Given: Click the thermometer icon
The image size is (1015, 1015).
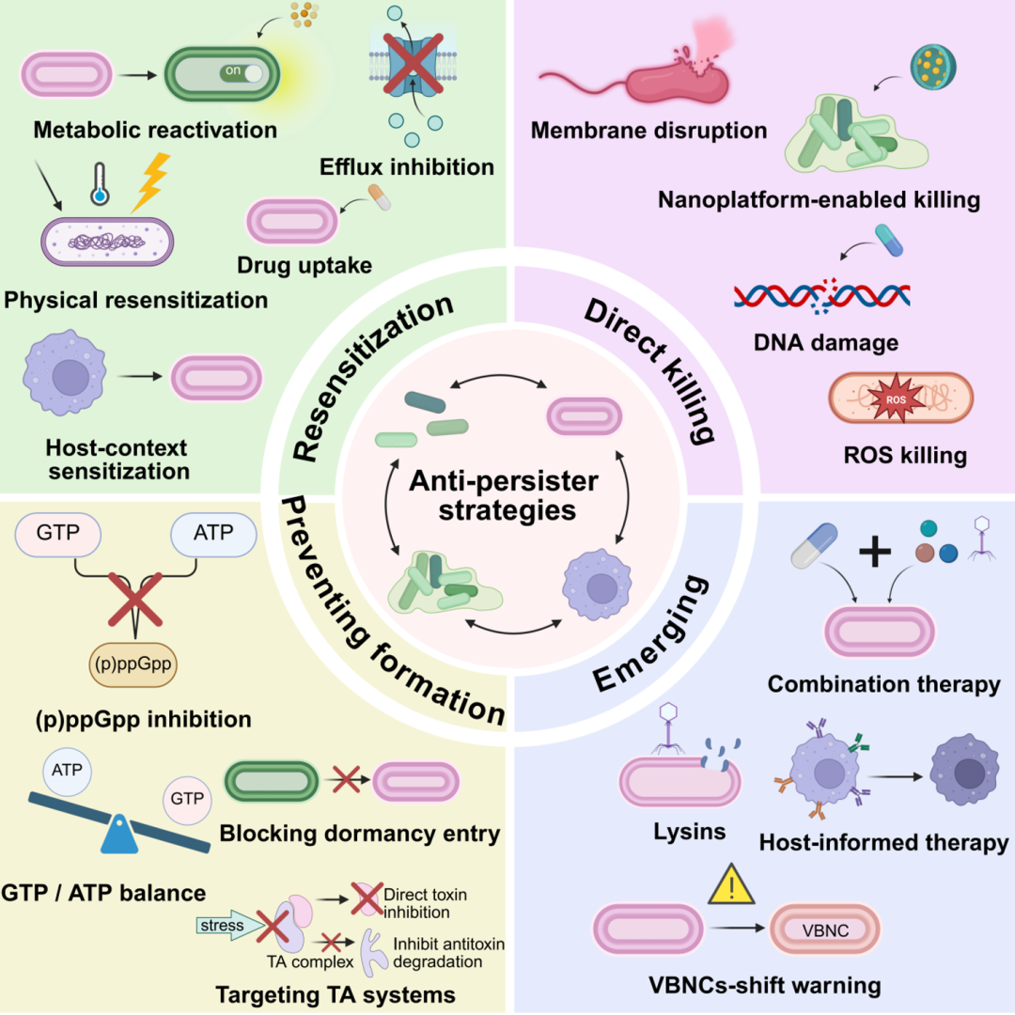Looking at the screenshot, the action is coord(100,184).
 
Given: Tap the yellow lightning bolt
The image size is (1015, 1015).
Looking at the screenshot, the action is coord(150,182).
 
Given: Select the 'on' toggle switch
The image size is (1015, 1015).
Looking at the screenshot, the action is coord(243,72).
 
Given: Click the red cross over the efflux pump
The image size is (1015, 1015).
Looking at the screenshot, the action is coord(413,64).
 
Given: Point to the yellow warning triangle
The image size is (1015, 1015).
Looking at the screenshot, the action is coord(731,885).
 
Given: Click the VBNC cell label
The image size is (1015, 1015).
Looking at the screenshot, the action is coord(825,930).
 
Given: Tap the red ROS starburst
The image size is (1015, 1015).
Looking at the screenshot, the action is coord(896,398).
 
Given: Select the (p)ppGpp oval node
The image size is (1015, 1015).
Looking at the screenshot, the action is coord(133,664).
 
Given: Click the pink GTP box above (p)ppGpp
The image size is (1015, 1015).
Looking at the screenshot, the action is coord(58,534).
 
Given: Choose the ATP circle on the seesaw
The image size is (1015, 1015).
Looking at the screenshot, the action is coord(68,771).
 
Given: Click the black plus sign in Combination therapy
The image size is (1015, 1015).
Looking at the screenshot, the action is coord(875,552).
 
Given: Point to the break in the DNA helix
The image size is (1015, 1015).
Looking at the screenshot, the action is coord(824,296).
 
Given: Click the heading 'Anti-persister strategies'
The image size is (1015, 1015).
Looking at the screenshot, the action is coord(505,495).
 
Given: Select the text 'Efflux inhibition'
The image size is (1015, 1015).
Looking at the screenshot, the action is coord(407,167).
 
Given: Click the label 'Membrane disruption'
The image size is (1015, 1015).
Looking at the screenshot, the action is coord(648,130).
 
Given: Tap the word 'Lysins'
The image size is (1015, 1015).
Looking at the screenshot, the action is coord(690,832).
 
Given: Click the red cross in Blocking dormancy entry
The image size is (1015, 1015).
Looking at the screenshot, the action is coord(346,779).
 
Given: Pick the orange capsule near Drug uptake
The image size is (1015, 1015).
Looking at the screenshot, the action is coord(380,197).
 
